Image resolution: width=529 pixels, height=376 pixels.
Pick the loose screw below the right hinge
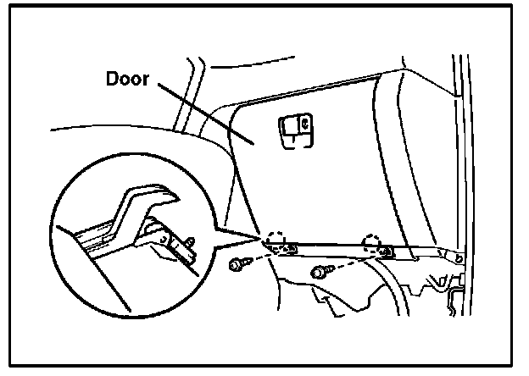320,272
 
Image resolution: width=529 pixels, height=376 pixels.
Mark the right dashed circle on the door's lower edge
372,244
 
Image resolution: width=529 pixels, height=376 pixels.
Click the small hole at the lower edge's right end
459,257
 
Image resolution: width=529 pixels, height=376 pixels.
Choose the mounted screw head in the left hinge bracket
290,248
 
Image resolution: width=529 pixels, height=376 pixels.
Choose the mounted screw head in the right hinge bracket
387,252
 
